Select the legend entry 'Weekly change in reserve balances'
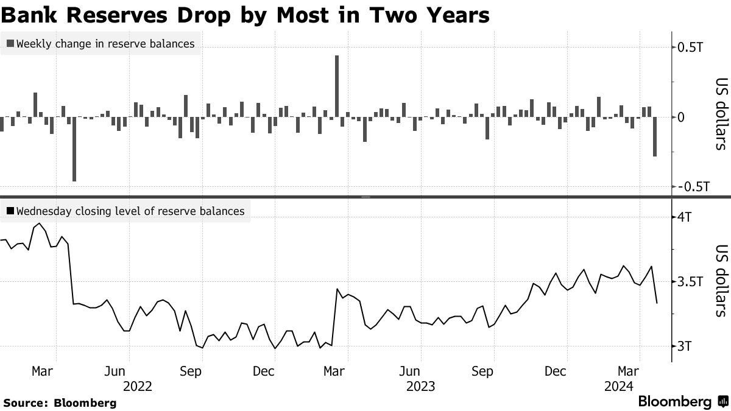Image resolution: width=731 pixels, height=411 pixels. pos(100,43)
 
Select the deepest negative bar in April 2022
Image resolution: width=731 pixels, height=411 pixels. pos(74,149)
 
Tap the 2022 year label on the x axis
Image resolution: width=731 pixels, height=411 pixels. pos(137,385)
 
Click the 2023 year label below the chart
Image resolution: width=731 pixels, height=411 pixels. pos(420,385)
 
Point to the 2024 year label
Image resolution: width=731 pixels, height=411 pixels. pos(619,385)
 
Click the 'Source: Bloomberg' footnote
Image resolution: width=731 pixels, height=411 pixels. pos(60,402)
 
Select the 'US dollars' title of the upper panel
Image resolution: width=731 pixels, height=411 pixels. pos(721,114)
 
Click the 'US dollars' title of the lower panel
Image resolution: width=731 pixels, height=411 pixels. pos(721,281)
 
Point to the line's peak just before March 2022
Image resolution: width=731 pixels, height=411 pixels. pos(40,223)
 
